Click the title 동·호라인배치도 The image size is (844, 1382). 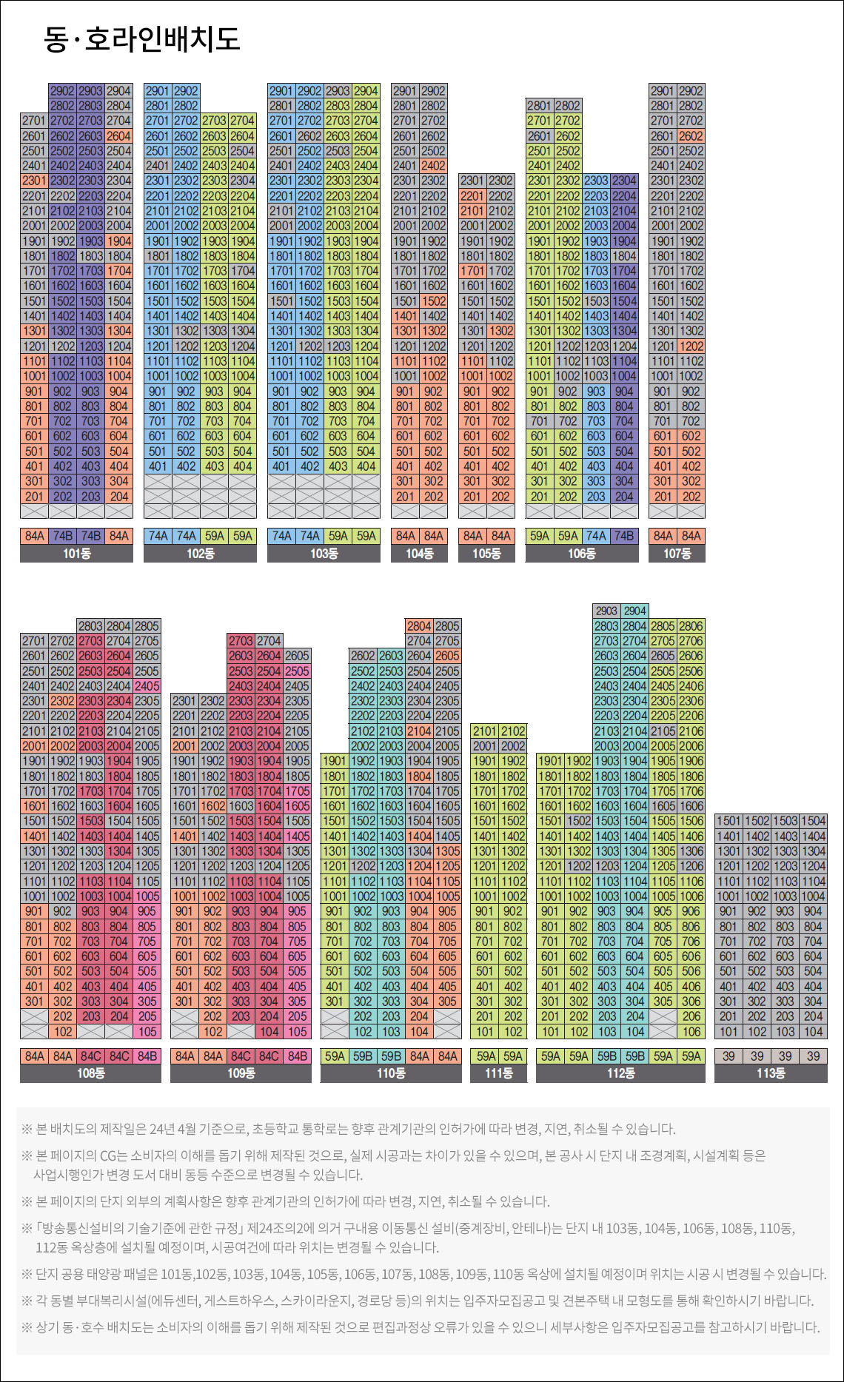(142, 38)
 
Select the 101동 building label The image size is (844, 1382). (76, 554)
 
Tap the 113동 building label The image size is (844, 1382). (770, 1073)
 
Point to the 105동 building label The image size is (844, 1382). (486, 554)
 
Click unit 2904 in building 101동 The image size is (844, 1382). (118, 90)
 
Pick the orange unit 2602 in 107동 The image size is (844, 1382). (691, 135)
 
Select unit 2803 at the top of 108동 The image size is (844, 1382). (90, 625)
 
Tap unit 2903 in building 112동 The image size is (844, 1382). (606, 611)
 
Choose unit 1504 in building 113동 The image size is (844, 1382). (813, 820)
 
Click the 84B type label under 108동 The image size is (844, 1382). (147, 1056)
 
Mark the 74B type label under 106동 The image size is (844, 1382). (624, 536)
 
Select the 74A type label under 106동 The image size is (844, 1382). (596, 536)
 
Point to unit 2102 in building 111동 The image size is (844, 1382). (512, 731)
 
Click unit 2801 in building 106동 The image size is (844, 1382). (540, 105)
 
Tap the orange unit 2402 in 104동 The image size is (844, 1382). (433, 166)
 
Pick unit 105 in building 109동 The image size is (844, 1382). (298, 1031)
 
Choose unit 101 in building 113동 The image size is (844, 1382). (729, 1031)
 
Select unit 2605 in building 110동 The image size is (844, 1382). (447, 655)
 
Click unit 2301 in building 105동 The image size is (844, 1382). (472, 181)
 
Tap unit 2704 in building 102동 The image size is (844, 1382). (242, 120)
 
